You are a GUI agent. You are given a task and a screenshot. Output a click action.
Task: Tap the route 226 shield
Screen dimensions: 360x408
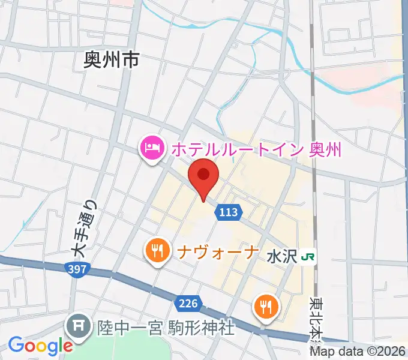tap(188, 303)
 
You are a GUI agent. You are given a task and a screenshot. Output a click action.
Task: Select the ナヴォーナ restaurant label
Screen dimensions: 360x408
tap(218, 250)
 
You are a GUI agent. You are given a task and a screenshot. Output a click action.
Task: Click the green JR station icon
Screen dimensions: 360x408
tap(309, 257)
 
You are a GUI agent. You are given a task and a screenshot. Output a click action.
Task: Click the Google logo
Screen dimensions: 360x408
tap(40, 346)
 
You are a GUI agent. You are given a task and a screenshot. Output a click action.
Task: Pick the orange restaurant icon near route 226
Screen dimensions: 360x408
tap(265, 307)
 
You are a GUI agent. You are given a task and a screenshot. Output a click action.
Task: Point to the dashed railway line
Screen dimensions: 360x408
tap(312, 90)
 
